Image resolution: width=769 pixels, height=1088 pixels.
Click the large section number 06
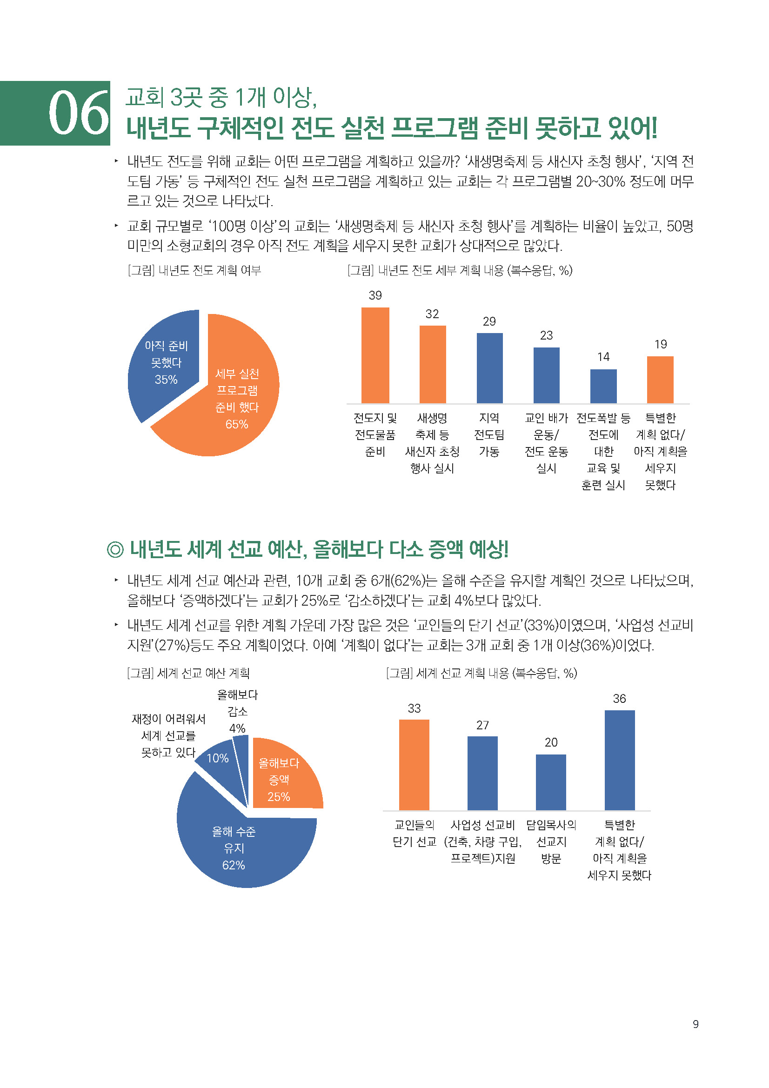pos(79,113)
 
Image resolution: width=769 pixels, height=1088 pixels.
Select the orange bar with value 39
pos(375,355)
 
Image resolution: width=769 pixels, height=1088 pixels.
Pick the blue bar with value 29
pos(489,368)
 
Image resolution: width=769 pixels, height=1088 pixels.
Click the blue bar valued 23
pos(546,375)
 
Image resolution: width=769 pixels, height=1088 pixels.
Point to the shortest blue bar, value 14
pos(603,386)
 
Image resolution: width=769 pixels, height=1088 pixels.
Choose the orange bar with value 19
pos(660,380)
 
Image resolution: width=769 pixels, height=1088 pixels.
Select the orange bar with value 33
pos(414,765)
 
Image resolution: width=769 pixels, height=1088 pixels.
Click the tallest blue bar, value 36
pos(619,760)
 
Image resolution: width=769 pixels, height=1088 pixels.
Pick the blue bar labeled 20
pos(550,782)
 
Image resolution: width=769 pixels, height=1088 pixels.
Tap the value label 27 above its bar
pos(482,725)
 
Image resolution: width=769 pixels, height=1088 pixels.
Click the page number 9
pos(695,1024)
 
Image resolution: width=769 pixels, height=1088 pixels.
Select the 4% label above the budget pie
pos(237,728)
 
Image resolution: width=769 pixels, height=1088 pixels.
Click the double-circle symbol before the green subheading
pos(115,550)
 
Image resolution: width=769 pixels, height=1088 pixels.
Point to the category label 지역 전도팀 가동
pos(489,434)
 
